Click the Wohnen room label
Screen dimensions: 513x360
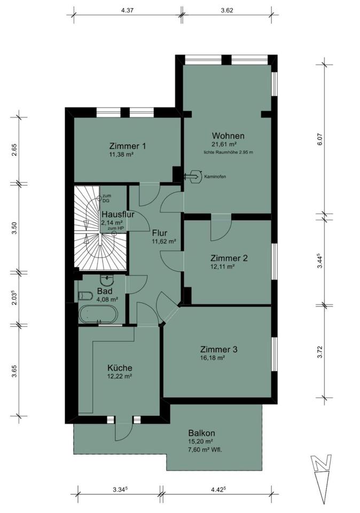(228, 135)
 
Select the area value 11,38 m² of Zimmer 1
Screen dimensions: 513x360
(120, 155)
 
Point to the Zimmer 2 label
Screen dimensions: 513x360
(229, 258)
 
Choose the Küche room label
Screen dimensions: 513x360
(120, 368)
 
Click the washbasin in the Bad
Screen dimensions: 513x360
(109, 278)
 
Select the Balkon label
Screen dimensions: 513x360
(201, 433)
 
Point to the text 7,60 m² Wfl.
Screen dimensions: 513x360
(205, 449)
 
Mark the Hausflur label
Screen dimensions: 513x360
(117, 215)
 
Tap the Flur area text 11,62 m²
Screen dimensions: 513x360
(163, 241)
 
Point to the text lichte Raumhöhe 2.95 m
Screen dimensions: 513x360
(228, 152)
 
